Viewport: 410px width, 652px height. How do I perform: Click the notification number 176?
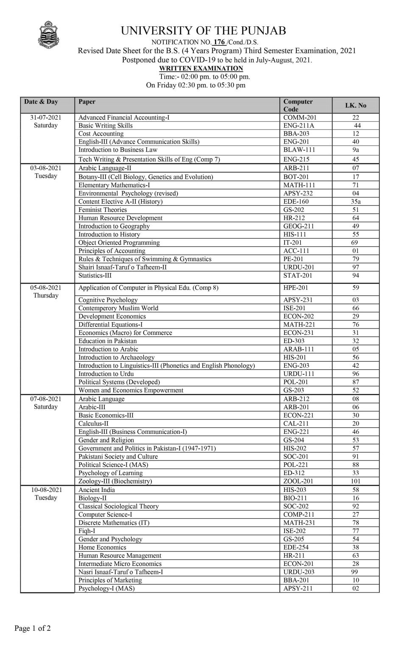pos(219,42)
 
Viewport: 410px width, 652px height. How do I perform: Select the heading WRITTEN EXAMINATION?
pos(201,68)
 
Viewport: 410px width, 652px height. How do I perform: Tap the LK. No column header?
pos(355,105)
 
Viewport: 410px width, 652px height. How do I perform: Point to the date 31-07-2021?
pos(46,118)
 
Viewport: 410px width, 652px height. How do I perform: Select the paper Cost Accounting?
pos(101,134)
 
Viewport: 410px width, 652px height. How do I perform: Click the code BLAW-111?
pos(299,150)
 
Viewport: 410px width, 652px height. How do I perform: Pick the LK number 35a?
pos(355,202)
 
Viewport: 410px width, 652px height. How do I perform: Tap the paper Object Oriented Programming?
pos(119,243)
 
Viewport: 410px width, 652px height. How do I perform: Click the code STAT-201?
pos(298,275)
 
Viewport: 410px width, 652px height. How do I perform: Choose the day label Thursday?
pos(46,295)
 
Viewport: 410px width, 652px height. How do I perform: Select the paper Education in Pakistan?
pos(108,341)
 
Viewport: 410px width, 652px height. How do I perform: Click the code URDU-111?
pos(298,374)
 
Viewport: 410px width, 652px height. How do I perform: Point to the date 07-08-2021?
pos(46,399)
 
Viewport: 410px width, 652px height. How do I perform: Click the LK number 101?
pos(355,481)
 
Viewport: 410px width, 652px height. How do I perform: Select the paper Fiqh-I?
pos(86,531)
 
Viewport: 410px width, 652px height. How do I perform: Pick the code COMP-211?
pos(298,514)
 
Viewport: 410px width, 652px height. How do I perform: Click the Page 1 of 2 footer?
pos(33,628)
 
